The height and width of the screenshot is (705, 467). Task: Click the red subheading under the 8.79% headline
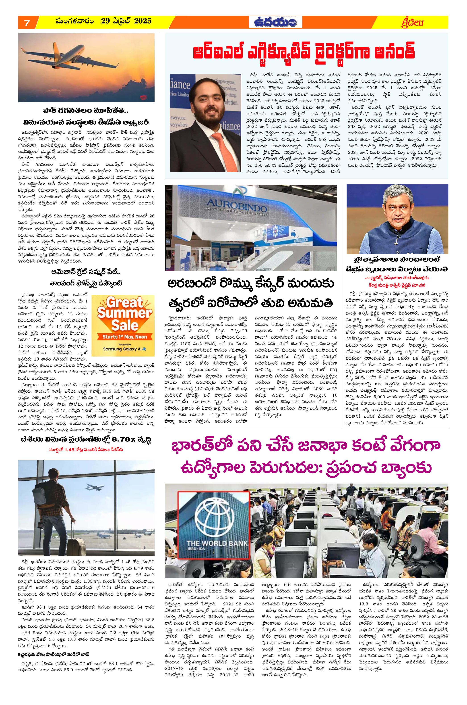pos(86,450)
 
